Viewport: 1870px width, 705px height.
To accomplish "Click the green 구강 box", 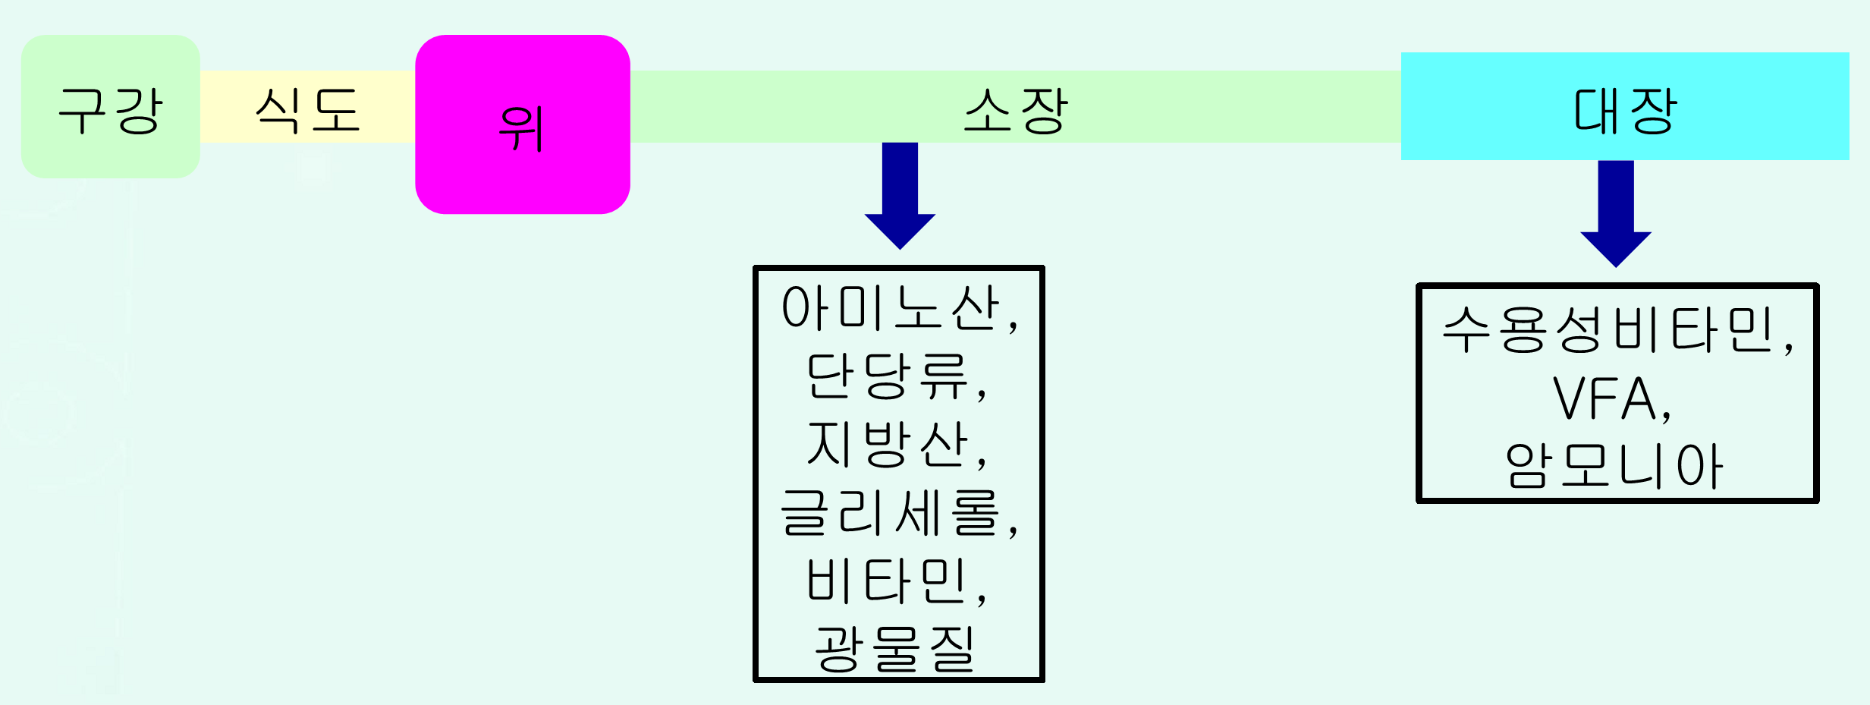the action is (x=110, y=106).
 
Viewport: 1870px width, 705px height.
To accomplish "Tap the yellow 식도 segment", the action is (x=307, y=106).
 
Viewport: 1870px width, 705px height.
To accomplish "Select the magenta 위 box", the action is (x=522, y=124).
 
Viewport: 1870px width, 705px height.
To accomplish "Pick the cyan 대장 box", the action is (x=1624, y=106).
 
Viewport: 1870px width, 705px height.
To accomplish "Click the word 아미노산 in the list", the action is (x=891, y=308).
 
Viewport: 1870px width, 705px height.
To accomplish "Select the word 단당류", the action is (x=887, y=376).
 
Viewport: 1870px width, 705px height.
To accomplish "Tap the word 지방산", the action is (x=887, y=444).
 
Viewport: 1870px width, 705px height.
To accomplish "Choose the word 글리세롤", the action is (x=891, y=512).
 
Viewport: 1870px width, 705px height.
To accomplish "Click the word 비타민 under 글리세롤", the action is (x=887, y=581).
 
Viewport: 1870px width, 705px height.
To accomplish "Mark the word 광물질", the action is (x=894, y=649).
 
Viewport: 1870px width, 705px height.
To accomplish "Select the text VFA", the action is (x=1603, y=398).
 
